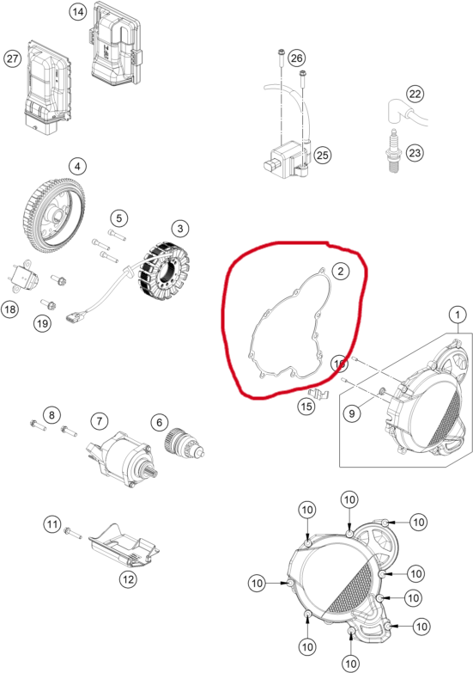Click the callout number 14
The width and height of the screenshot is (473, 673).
click(x=78, y=12)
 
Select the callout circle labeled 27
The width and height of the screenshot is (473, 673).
click(x=12, y=58)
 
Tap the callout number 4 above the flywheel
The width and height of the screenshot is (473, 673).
click(x=77, y=166)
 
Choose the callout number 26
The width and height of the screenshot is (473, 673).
click(x=296, y=58)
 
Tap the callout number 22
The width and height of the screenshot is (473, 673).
click(x=415, y=94)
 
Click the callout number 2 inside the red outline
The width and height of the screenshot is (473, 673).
click(x=340, y=272)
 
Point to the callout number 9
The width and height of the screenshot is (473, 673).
click(x=350, y=414)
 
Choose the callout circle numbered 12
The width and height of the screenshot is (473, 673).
click(x=127, y=579)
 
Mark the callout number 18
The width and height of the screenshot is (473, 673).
click(x=10, y=309)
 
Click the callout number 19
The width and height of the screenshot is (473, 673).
click(x=41, y=323)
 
